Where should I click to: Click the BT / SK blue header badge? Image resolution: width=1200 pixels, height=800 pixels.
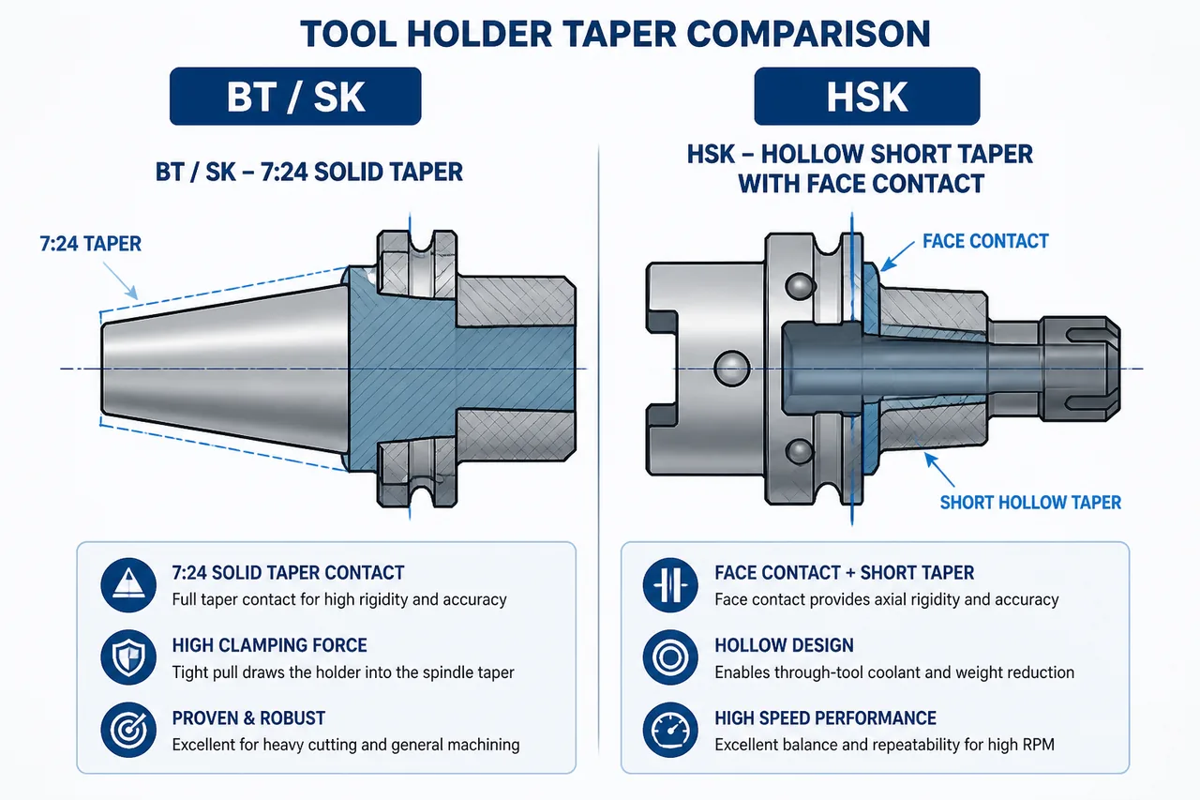click(295, 97)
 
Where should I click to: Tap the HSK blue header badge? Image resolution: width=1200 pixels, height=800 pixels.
click(867, 97)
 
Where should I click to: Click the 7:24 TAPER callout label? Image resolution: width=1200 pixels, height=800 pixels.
click(91, 244)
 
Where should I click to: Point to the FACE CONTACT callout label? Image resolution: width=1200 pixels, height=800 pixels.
click(985, 241)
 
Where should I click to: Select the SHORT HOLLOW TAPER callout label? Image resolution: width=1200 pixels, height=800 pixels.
click(1030, 503)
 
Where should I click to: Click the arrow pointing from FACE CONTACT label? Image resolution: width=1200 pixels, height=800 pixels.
click(897, 257)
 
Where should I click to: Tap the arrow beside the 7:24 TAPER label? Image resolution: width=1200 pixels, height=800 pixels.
click(121, 280)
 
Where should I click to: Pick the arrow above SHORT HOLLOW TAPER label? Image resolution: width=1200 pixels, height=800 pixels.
click(939, 469)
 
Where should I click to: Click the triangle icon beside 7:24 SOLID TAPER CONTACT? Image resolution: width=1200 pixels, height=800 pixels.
click(128, 584)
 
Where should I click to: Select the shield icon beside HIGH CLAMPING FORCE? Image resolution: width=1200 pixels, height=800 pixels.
click(128, 657)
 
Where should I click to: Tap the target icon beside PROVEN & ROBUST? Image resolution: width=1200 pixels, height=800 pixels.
click(128, 730)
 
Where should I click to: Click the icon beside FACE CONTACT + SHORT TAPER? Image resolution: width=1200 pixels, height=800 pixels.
click(670, 584)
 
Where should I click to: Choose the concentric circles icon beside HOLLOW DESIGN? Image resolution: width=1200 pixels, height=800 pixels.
click(670, 657)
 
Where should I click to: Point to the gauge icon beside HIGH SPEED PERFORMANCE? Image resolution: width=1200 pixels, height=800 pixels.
click(670, 730)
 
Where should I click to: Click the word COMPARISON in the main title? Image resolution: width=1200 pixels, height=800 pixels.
click(808, 34)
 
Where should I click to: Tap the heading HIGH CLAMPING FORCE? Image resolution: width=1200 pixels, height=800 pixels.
click(269, 645)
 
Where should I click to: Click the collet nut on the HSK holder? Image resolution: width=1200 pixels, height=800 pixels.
click(1079, 369)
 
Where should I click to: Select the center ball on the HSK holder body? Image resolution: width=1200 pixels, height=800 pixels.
click(732, 369)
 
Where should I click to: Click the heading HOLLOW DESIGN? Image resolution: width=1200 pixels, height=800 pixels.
click(784, 645)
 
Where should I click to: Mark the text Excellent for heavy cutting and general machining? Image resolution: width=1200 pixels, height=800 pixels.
click(346, 745)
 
